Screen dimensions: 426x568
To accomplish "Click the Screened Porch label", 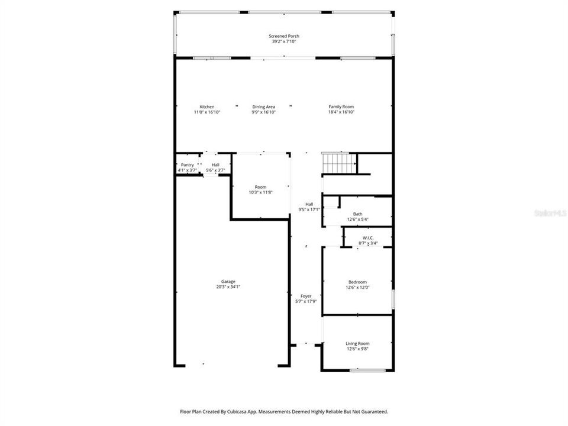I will pyautogui.click(x=284, y=36).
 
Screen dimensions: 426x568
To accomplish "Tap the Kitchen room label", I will pyautogui.click(x=206, y=106).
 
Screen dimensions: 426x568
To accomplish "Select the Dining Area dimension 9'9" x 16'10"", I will pyautogui.click(x=263, y=112).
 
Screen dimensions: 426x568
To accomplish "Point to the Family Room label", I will pyautogui.click(x=341, y=106).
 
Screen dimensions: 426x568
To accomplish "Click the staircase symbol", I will pyautogui.click(x=338, y=162).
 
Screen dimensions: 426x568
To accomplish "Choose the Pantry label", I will pyautogui.click(x=187, y=165).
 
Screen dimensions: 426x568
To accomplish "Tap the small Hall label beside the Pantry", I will pyautogui.click(x=215, y=165).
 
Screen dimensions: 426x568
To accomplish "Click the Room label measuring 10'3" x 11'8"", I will pyautogui.click(x=260, y=187).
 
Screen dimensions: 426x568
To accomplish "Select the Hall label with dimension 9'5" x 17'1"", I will pyautogui.click(x=309, y=204).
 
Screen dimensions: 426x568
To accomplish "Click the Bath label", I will pyautogui.click(x=357, y=214).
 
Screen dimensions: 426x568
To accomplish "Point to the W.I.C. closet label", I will pyautogui.click(x=367, y=238).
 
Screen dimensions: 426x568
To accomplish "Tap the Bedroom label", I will pyautogui.click(x=357, y=282).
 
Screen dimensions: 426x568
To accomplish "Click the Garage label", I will pyautogui.click(x=228, y=282).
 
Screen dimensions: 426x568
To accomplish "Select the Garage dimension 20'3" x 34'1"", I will pyautogui.click(x=228, y=287).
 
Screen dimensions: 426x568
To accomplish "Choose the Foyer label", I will pyautogui.click(x=306, y=296).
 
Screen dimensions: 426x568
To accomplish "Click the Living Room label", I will pyautogui.click(x=357, y=343).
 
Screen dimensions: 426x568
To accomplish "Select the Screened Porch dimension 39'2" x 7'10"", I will pyautogui.click(x=284, y=41).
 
